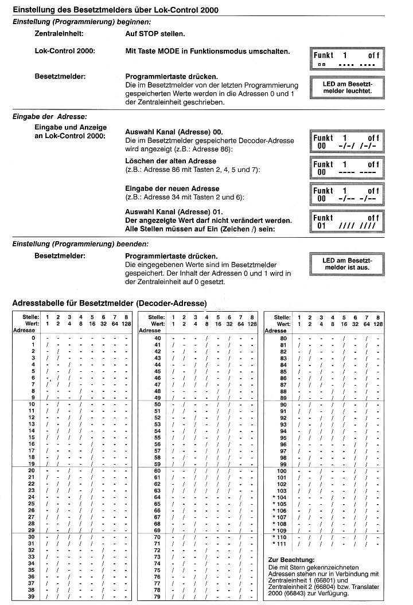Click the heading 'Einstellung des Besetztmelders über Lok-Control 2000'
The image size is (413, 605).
(115, 10)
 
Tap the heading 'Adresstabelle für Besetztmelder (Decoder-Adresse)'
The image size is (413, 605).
(110, 302)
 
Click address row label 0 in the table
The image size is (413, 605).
(34, 337)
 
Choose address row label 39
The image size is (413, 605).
(32, 597)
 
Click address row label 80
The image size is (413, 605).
(282, 337)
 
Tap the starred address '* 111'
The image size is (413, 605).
(280, 544)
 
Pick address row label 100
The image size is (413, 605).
(281, 470)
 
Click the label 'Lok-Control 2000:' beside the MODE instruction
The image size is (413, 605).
(65, 52)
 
